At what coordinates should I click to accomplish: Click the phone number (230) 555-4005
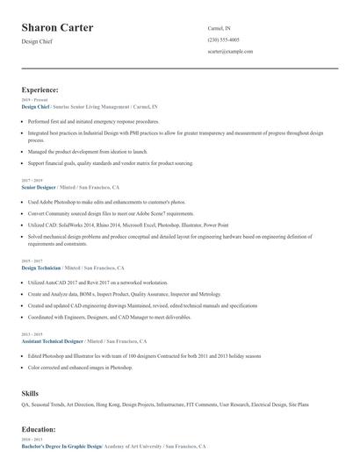pyautogui.click(x=223, y=39)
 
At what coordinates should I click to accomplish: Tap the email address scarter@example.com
pyautogui.click(x=230, y=52)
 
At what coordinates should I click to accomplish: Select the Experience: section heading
pyautogui.click(x=40, y=89)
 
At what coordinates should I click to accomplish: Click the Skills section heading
pyautogui.click(x=31, y=394)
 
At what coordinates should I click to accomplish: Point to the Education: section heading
pyautogui.click(x=39, y=430)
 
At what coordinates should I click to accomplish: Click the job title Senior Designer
pyautogui.click(x=38, y=188)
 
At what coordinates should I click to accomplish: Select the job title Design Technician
pyautogui.click(x=41, y=268)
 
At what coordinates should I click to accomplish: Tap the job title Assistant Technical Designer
pyautogui.click(x=53, y=340)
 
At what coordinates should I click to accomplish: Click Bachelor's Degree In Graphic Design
pyautogui.click(x=61, y=447)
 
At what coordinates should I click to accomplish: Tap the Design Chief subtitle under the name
pyautogui.click(x=37, y=41)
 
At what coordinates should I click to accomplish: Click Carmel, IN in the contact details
pyautogui.click(x=220, y=28)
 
